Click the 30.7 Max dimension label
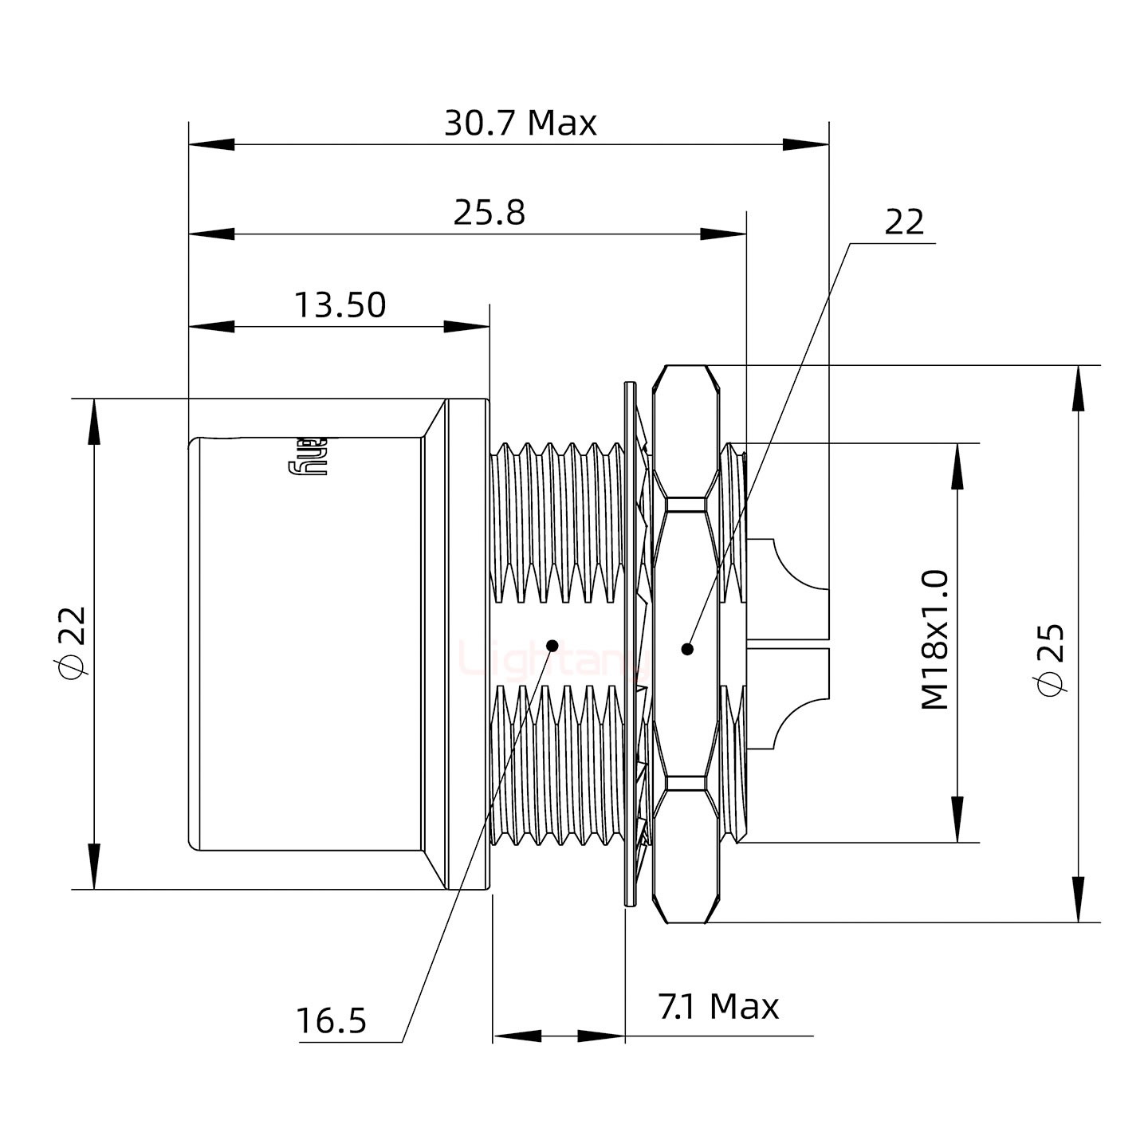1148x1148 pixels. click(520, 124)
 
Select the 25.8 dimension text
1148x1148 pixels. click(489, 214)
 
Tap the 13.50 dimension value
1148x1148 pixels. click(340, 305)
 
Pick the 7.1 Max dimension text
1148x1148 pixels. click(718, 1007)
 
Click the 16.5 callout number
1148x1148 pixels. click(331, 1020)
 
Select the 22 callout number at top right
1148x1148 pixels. click(905, 222)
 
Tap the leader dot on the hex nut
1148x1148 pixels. click(688, 649)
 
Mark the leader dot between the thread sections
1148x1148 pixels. click(552, 644)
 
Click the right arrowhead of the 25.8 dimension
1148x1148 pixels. click(724, 234)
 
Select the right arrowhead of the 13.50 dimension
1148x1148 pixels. click(466, 326)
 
